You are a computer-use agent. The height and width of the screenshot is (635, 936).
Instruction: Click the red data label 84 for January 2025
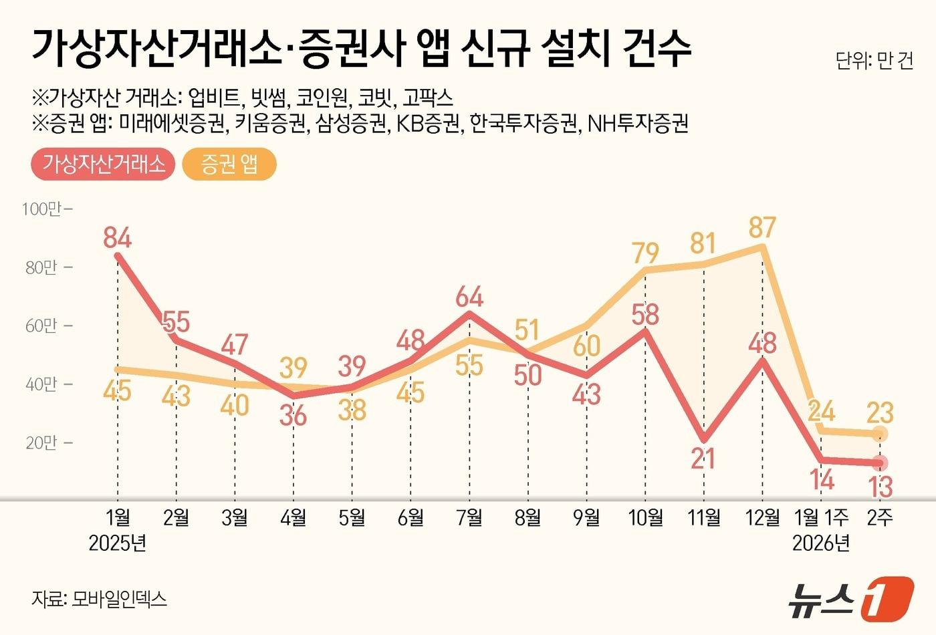(x=118, y=237)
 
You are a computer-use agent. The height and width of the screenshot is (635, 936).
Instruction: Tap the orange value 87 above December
(x=762, y=227)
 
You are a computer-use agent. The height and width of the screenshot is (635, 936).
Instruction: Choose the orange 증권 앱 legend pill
(x=229, y=164)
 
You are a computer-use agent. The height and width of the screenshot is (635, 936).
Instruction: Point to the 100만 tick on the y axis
(x=41, y=209)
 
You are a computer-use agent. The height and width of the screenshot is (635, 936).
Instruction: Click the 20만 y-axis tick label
(x=41, y=442)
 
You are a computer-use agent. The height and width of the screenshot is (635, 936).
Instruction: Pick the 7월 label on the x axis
(x=469, y=517)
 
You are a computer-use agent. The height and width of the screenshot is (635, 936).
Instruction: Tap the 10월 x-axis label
(x=645, y=517)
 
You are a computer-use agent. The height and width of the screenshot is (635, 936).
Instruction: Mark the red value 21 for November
(x=703, y=459)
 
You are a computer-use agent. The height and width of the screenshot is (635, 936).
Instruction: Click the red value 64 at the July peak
(x=469, y=297)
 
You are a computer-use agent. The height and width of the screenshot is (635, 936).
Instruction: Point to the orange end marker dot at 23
(x=881, y=434)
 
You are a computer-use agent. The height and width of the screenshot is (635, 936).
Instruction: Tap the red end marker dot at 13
(x=881, y=463)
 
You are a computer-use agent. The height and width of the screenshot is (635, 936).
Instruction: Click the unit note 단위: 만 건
(x=874, y=61)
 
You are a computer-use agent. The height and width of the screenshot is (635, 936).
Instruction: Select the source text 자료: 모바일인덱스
(x=99, y=598)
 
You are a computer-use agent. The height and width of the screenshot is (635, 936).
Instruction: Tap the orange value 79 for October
(x=645, y=253)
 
